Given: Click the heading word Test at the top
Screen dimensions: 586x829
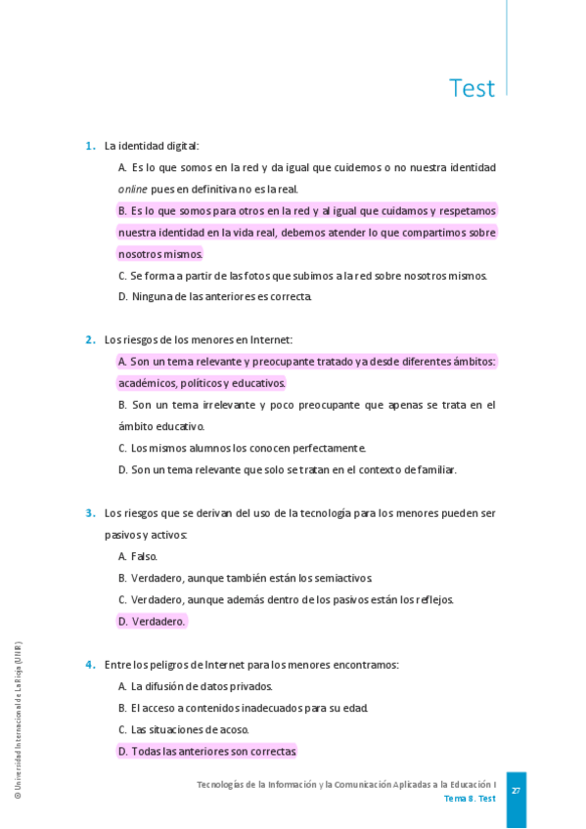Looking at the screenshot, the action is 472,88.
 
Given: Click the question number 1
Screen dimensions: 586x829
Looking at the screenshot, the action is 89,147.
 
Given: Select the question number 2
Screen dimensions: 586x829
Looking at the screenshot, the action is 89,340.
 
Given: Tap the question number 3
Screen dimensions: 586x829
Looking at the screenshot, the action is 89,513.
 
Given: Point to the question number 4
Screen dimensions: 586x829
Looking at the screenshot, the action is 89,665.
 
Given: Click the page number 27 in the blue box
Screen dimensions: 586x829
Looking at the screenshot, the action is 516,790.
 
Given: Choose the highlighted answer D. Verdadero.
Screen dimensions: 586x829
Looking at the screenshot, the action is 152,622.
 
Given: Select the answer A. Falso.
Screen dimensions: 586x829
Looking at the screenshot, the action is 138,556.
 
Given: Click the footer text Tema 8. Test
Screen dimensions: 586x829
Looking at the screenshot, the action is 470,799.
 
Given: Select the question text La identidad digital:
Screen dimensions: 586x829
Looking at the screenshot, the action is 152,147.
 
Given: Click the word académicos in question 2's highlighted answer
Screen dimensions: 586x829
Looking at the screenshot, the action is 147,383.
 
